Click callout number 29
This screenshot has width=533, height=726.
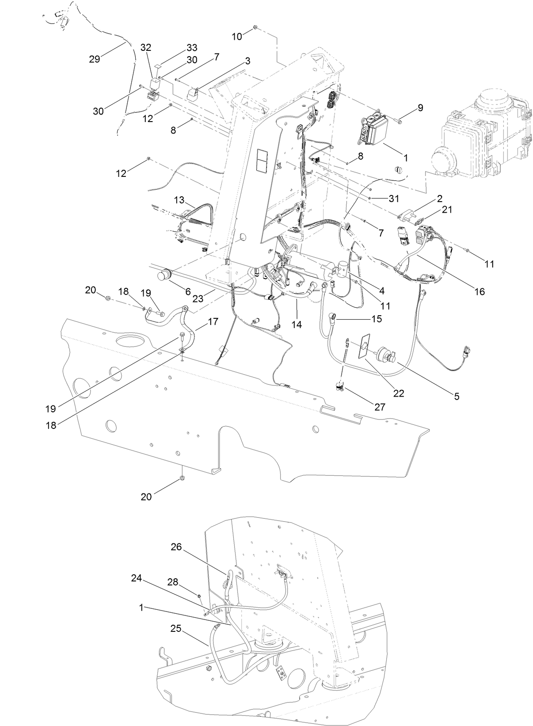coord(95,58)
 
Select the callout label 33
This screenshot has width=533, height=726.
coord(192,47)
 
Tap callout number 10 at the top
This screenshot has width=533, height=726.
coord(237,36)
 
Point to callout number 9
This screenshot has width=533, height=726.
coord(420,107)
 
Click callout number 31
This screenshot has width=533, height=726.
coord(394,199)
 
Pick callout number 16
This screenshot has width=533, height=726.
coord(479,291)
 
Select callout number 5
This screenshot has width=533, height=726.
coord(456,396)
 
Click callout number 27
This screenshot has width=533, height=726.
coord(380,407)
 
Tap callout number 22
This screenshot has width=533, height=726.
coord(399,393)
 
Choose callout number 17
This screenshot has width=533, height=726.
coord(213,321)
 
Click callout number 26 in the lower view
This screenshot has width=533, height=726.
coord(177,547)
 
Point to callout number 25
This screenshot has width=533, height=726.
coord(175,628)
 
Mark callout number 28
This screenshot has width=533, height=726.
coord(172,582)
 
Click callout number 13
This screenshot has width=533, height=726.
coord(179,200)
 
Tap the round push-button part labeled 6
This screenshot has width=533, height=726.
coord(164,275)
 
